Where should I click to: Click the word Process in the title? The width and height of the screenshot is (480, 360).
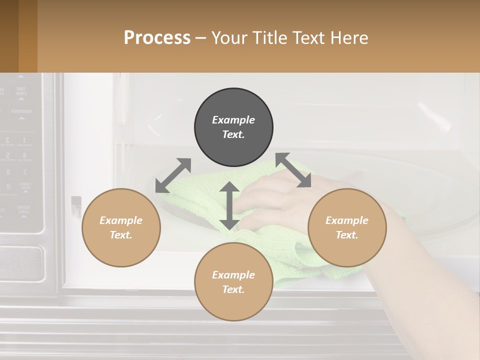(x=157, y=38)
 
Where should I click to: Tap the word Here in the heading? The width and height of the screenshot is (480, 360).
(x=347, y=38)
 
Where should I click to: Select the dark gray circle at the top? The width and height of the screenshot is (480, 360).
(x=233, y=127)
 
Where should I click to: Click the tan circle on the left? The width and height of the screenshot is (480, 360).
(x=121, y=227)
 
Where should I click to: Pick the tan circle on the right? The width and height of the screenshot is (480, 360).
(x=347, y=227)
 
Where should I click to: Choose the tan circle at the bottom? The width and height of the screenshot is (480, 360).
(x=233, y=282)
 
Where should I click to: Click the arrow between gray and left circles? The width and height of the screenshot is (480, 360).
(x=173, y=175)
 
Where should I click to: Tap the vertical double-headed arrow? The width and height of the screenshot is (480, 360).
(x=229, y=205)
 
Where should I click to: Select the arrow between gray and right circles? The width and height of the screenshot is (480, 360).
(x=293, y=170)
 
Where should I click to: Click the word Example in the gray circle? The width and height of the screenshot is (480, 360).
(x=233, y=120)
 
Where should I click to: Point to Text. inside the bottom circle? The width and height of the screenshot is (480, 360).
(x=233, y=289)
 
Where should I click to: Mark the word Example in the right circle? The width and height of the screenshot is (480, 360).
(x=347, y=220)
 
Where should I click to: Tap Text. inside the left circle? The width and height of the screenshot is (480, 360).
(x=121, y=235)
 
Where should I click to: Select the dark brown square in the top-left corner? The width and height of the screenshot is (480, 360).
(x=9, y=36)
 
